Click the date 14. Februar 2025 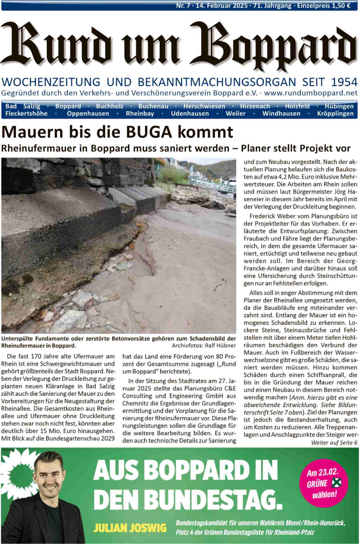point(222,6)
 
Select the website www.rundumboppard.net point(311,93)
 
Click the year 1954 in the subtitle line point(344,82)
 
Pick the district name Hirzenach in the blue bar point(255,106)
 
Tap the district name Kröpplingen point(335,114)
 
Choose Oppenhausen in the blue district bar point(88,114)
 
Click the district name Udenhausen point(190,114)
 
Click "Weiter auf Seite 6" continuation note point(334,443)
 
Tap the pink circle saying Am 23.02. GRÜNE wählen point(324,483)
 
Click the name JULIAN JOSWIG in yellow point(130,528)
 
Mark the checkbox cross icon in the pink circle point(336,483)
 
